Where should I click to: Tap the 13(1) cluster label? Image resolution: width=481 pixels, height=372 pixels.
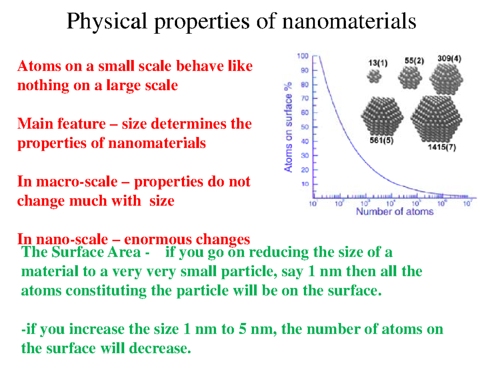(377, 63)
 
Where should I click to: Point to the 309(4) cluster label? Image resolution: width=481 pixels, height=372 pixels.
(449, 58)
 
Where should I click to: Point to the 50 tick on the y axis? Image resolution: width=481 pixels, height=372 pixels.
(305, 127)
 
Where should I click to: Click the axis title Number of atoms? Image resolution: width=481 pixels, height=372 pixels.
(395, 212)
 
